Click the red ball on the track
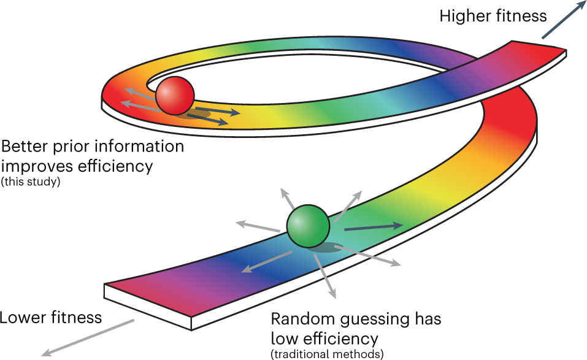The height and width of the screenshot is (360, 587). pyautogui.click(x=175, y=95)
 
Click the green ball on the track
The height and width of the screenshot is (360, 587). pyautogui.click(x=309, y=226)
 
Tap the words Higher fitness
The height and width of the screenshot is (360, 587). pyautogui.click(x=493, y=16)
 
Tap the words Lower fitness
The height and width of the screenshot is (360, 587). pyautogui.click(x=51, y=318)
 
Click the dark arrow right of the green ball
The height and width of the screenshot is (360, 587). pyautogui.click(x=373, y=227)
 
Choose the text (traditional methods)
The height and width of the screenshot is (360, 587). pyautogui.click(x=327, y=353)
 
